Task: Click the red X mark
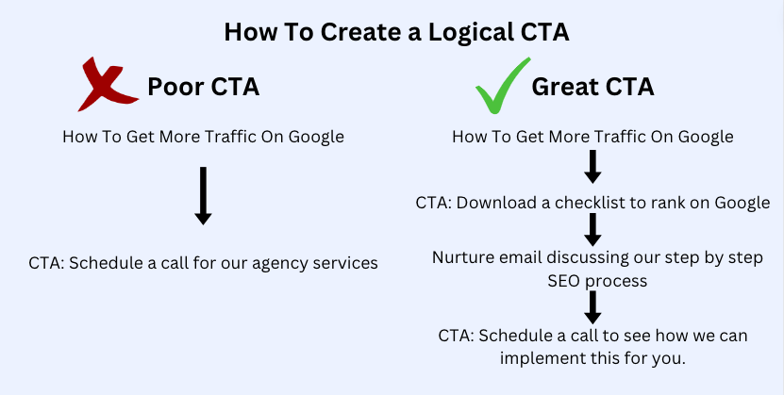point(107,85)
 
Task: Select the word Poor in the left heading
point(175,87)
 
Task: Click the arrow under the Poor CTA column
point(203,196)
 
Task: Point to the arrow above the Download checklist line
point(592,167)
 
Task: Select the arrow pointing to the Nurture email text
point(592,230)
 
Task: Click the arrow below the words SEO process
point(592,307)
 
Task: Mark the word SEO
point(564,281)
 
